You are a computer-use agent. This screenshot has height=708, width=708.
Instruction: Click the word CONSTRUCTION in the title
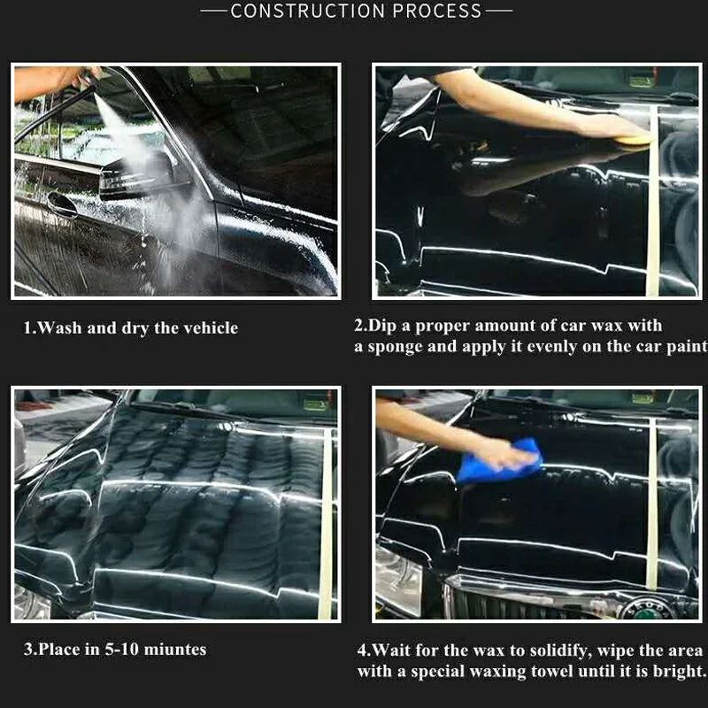click(x=308, y=11)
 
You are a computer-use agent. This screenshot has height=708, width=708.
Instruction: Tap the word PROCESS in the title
click(x=437, y=11)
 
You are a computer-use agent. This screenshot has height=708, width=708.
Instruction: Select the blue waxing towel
click(x=500, y=460)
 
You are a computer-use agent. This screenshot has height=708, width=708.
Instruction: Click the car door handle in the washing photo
click(x=62, y=204)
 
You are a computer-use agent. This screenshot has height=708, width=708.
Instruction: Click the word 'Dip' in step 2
click(x=382, y=326)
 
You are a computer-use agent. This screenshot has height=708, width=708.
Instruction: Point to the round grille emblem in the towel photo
click(x=647, y=610)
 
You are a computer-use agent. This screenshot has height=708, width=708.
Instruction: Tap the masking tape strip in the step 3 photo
click(x=326, y=524)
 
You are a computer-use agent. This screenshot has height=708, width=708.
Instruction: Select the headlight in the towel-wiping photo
click(x=397, y=582)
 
